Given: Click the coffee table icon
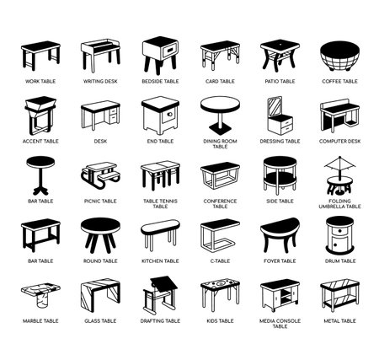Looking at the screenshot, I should [x=339, y=56].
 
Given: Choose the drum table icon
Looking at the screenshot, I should [x=339, y=235].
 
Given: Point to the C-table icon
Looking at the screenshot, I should [x=220, y=235].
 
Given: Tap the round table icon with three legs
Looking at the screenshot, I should [x=99, y=235].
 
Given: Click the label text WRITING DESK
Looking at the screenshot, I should [x=99, y=82].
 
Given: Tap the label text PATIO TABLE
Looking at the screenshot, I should [x=280, y=82].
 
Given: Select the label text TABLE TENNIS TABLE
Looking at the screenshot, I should [x=160, y=204].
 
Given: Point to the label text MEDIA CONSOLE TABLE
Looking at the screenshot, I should [x=280, y=324].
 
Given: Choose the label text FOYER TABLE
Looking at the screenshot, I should [x=280, y=261].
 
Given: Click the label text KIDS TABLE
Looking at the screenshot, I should [x=220, y=321].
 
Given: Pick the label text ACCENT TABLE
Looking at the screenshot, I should [x=40, y=142].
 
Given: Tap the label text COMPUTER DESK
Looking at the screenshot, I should [x=339, y=142].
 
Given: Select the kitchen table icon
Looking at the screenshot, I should [x=160, y=235].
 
